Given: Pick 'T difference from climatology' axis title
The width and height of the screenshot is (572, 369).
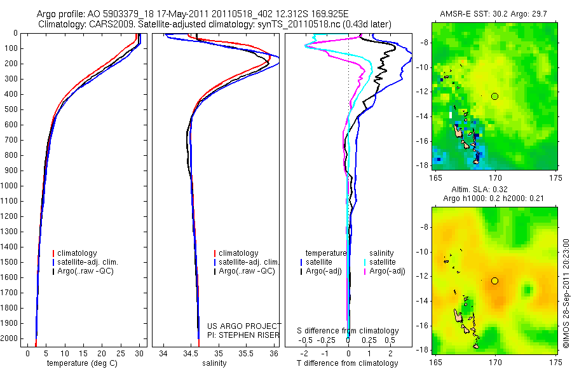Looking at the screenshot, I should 347,363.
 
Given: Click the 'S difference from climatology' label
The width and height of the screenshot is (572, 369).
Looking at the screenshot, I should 348,331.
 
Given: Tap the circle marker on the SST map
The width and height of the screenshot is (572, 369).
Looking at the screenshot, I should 495,96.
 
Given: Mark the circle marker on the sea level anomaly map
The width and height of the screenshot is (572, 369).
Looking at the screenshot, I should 495,281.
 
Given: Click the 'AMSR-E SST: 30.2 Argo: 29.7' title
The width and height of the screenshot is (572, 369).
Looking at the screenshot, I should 495,14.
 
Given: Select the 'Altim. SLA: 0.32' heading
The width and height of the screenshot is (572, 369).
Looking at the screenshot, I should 495,190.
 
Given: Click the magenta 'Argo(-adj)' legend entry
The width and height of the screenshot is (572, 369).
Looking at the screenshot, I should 388,271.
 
